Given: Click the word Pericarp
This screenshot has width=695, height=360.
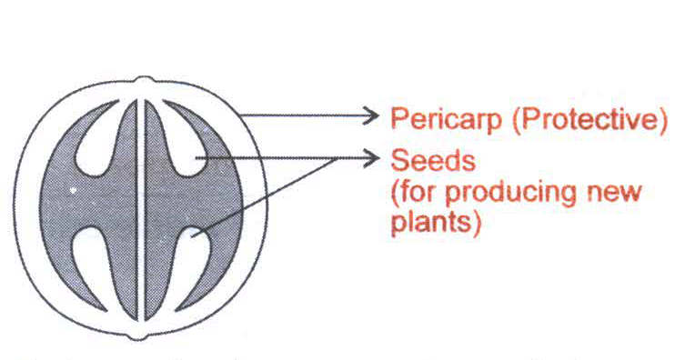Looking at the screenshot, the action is coord(447,120).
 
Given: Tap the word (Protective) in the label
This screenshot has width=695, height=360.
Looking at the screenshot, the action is coord(589,119).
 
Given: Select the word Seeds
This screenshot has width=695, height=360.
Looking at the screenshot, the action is coord(433,160).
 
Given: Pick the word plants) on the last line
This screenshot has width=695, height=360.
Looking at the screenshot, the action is coord(436,223).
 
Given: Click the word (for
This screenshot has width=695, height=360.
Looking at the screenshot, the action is coord(415,193).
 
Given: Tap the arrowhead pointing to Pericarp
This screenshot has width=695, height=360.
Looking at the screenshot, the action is coord(371,116).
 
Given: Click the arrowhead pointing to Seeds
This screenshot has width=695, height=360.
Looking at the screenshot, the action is coord(371,158).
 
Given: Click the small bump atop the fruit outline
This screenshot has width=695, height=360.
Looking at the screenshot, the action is coord(143,80).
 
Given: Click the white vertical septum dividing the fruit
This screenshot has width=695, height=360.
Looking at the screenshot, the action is coord(140,210).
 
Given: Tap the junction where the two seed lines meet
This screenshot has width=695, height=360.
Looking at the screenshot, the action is coord(337,158).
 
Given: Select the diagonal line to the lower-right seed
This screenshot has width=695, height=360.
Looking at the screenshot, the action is coord(264,197).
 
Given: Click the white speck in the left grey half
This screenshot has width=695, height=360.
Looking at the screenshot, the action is coord(73,191).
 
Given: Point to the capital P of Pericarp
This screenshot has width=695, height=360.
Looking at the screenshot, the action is coord(398,119).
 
